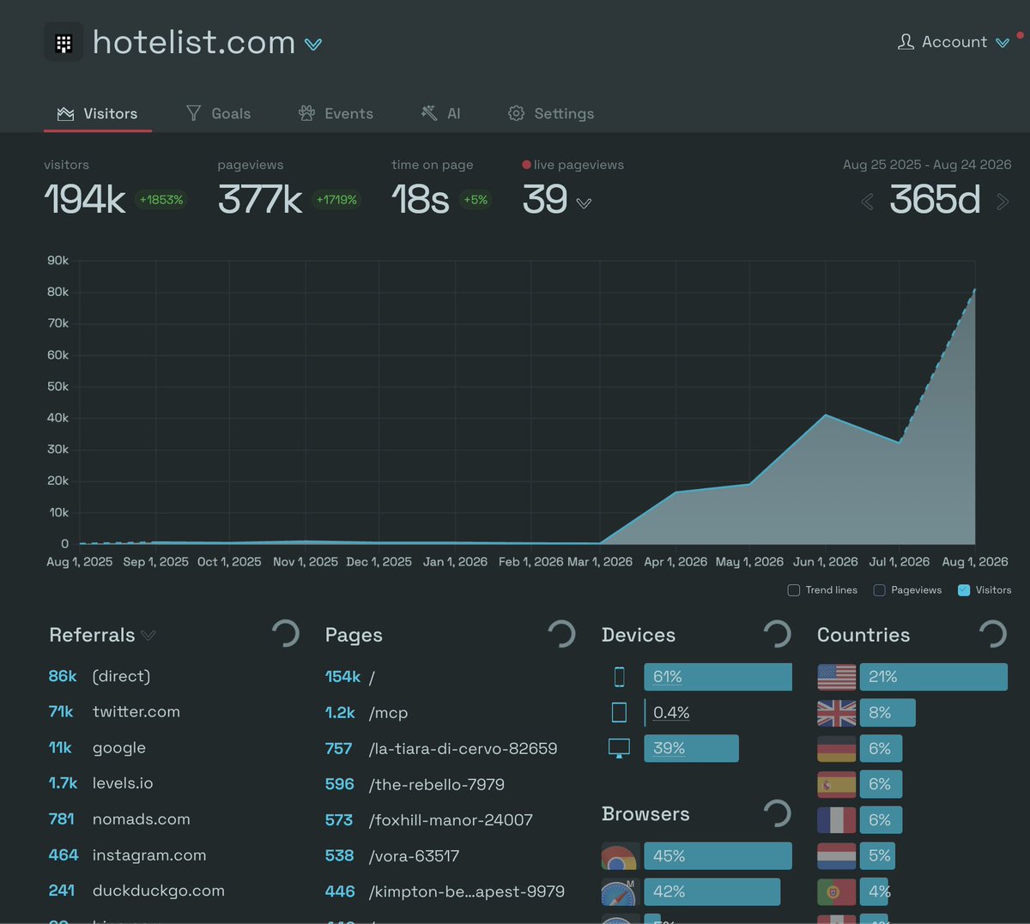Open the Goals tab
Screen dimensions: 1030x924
[x=219, y=113]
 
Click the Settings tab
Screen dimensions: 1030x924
[x=551, y=113]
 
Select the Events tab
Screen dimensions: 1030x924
[x=336, y=113]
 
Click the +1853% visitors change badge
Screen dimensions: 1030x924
[x=161, y=200]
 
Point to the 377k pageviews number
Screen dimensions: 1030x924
[x=260, y=199]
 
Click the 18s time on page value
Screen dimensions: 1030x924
[x=421, y=199]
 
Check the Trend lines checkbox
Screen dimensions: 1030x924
[x=794, y=590]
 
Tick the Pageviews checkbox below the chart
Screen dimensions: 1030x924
[x=879, y=590]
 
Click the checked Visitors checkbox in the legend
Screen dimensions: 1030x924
[x=964, y=590]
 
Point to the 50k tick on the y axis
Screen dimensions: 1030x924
[x=58, y=386]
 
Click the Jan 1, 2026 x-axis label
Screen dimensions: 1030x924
[x=455, y=562]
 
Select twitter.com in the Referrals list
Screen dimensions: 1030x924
[x=136, y=711]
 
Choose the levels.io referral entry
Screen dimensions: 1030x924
[x=123, y=783]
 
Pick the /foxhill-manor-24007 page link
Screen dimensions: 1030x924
[x=451, y=820]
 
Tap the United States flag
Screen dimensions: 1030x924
[x=836, y=677]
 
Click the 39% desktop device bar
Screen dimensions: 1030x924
[x=691, y=748]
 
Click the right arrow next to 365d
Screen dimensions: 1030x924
[x=1003, y=202]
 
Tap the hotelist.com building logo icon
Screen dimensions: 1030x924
[x=64, y=43]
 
